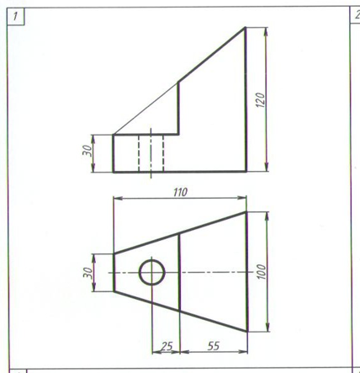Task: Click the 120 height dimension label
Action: point(261,100)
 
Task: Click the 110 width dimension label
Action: point(180,192)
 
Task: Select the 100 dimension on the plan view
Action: point(261,272)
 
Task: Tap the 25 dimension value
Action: point(167,346)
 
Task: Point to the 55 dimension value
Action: point(214,346)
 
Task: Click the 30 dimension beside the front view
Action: point(87,151)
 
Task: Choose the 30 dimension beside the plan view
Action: point(87,273)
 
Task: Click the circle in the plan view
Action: point(151,259)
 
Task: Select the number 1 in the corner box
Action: point(15,16)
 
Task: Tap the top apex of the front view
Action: point(246,27)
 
